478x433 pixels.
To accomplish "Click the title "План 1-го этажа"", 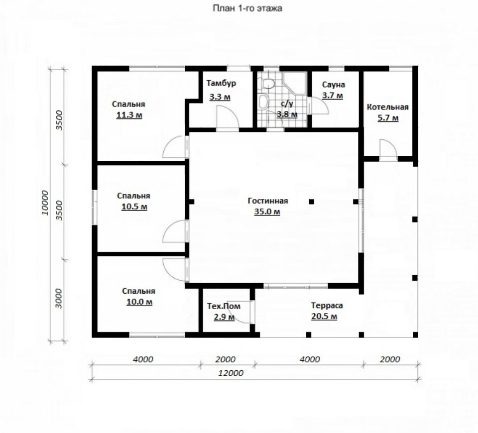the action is coord(247,8).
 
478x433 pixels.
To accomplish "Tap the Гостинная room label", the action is coord(268,201).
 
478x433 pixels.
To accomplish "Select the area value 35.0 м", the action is coord(267,212).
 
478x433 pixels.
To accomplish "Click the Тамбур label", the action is coord(221,83).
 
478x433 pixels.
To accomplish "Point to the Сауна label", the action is coord(334,85).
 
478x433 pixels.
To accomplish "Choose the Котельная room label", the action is coord(388,107).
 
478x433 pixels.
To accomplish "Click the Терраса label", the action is coord(327,305).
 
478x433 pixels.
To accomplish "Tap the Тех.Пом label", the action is coord(224,306).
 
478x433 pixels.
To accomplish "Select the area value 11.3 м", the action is coord(129,115).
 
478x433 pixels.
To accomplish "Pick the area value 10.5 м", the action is coord(134,207).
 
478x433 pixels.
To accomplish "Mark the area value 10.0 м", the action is coord(139,302).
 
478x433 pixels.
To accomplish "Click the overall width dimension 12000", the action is coord(231,373).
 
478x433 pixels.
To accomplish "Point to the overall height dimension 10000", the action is coord(45,203).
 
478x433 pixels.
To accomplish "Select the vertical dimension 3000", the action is coord(59,299).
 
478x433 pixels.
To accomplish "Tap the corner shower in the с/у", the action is coord(294,83).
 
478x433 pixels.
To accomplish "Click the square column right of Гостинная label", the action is coord(312,202).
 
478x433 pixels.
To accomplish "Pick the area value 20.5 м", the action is coord(324,317).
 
